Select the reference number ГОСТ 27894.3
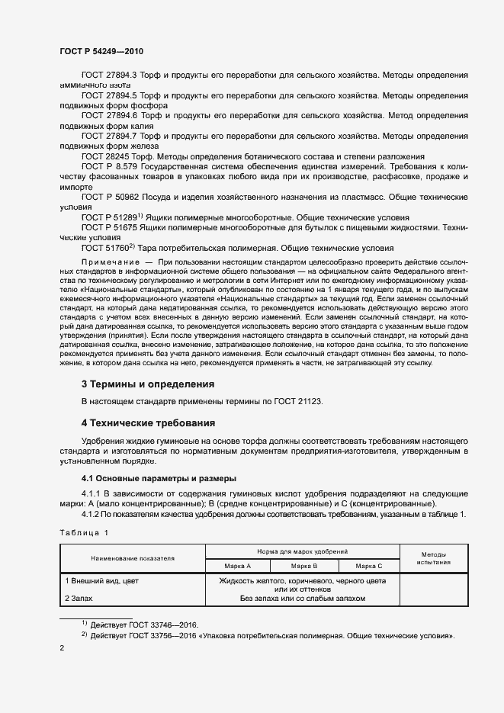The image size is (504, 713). click(x=108, y=75)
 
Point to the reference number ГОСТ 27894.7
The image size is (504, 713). click(x=108, y=135)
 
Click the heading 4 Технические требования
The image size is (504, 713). click(x=149, y=422)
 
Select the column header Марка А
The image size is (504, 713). click(x=238, y=566)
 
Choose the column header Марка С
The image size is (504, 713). click(x=369, y=566)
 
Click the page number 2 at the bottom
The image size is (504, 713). click(x=63, y=647)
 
